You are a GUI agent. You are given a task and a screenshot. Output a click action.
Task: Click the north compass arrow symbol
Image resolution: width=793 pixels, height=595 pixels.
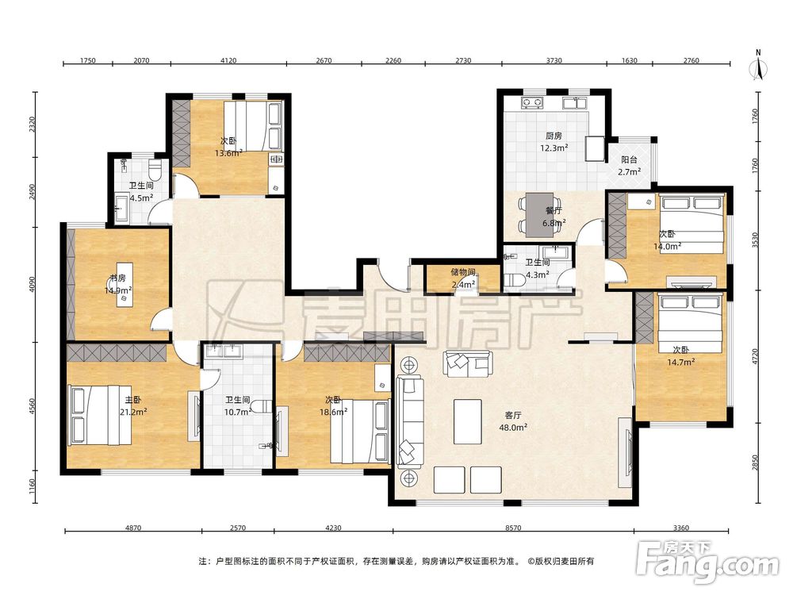[758, 67]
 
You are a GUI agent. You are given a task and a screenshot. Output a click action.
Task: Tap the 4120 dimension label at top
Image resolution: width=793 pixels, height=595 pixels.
[228, 60]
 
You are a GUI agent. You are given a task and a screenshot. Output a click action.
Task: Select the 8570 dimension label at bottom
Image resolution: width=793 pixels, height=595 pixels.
[513, 528]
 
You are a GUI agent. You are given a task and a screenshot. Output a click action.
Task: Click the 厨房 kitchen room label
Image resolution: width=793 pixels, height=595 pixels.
[554, 136]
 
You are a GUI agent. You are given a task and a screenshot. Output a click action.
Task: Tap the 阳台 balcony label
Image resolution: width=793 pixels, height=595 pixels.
[629, 160]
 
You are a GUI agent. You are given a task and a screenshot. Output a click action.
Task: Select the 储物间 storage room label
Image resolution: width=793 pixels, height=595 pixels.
[463, 272]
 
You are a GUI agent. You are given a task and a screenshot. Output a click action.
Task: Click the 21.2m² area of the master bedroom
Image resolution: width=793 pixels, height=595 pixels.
[133, 412]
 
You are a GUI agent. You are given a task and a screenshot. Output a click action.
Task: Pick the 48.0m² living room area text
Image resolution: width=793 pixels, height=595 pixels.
[513, 427]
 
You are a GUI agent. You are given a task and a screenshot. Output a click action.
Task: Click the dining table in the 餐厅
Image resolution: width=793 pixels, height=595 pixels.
[540, 215]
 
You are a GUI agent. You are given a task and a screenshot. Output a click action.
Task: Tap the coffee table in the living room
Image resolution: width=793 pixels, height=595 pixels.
[467, 421]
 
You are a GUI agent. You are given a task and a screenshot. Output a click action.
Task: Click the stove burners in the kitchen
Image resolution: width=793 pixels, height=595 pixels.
[532, 103]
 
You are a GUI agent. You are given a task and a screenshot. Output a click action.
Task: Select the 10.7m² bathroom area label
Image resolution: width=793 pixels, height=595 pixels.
[238, 412]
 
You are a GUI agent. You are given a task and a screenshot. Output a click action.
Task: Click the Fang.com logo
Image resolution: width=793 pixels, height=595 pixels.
[708, 562]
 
